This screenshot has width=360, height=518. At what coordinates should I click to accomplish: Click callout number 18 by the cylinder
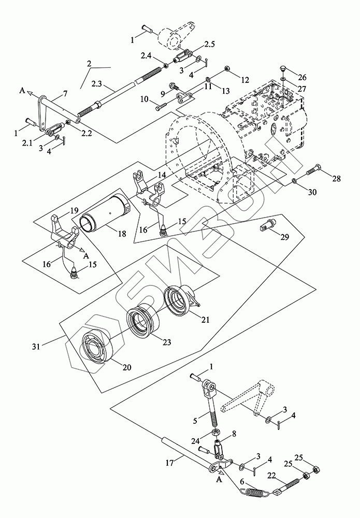[122, 234]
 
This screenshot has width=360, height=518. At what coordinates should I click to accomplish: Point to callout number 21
[205, 320]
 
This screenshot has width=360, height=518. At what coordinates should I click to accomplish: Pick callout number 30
[312, 192]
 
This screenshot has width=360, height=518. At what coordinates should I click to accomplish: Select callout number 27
[301, 89]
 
